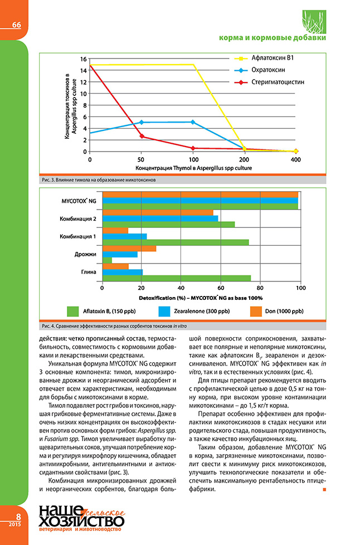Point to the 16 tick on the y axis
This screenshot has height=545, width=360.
83,59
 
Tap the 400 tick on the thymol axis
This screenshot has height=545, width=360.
296,159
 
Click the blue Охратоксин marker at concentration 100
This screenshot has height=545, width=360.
193,121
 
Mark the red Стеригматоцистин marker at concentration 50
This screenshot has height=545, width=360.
142,136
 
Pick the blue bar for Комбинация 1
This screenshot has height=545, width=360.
124,237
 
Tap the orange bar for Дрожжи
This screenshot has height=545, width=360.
129,248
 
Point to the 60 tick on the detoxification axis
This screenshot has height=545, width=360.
221,288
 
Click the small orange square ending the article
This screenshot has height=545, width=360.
325,490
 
